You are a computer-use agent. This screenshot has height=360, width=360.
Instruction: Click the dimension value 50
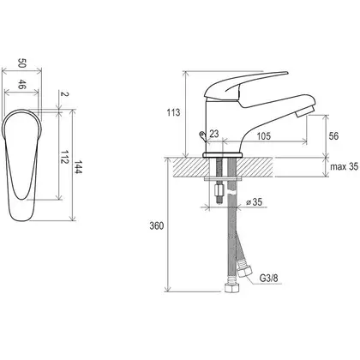point(22,63)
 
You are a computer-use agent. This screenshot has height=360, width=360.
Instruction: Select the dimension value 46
point(22,85)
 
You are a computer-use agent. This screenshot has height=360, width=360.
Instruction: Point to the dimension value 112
point(64,157)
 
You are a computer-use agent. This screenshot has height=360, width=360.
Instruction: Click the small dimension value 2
point(65,94)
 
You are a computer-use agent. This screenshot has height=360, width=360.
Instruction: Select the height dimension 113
point(173,112)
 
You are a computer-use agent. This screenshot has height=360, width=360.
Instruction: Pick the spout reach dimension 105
point(263,136)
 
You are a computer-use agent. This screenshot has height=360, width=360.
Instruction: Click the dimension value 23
point(214,134)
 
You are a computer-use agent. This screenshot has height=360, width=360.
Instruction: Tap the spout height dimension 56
point(333,136)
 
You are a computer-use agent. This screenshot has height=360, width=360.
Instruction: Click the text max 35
point(344,166)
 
